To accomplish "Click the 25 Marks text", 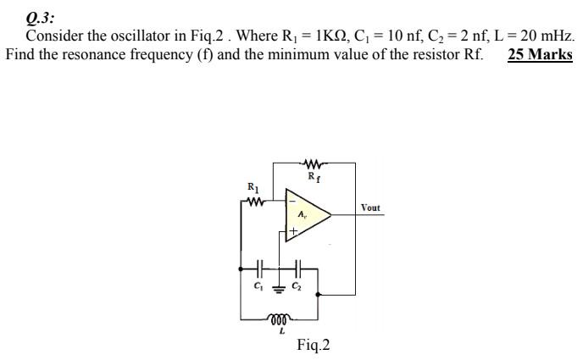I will [x=540, y=55].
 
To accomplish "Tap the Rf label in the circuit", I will [x=312, y=177].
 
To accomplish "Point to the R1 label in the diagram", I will [x=252, y=187].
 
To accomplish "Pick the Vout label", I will [x=370, y=208].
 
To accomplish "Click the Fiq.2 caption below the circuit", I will [x=314, y=346].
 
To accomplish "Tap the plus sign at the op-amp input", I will [x=292, y=230].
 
